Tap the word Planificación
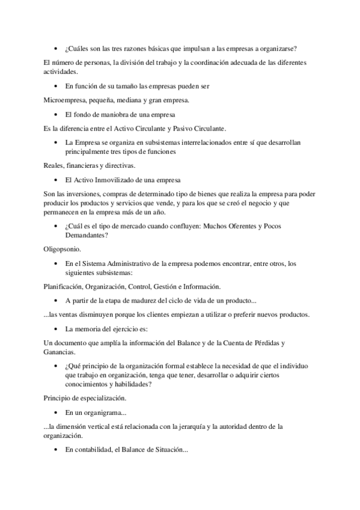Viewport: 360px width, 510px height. (x=64, y=286)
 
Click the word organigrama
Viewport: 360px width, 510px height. (x=105, y=413)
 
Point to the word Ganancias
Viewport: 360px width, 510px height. (x=60, y=352)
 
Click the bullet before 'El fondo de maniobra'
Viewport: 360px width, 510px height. (x=56, y=114)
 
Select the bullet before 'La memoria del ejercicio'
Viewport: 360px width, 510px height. (x=56, y=330)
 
